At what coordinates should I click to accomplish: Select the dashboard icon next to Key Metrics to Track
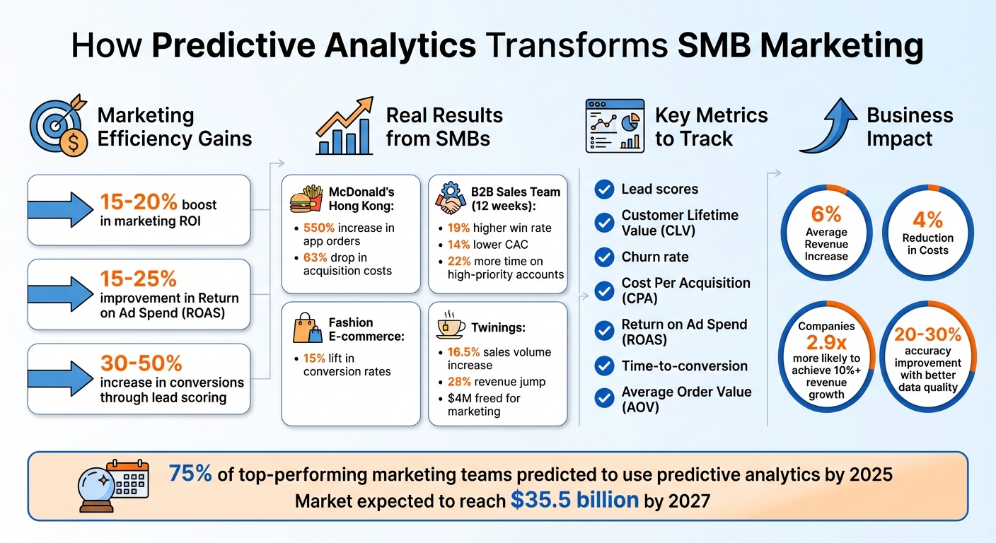pyautogui.click(x=615, y=126)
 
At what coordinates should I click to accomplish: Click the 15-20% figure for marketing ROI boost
pyautogui.click(x=139, y=203)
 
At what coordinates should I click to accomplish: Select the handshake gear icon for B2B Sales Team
pyautogui.click(x=451, y=198)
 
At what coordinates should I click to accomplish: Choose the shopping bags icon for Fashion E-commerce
pyautogui.click(x=307, y=329)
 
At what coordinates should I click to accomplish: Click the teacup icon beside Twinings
pyautogui.click(x=451, y=325)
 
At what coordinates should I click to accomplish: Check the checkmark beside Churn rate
pyautogui.click(x=604, y=257)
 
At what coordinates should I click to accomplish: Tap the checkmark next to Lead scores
pyautogui.click(x=604, y=189)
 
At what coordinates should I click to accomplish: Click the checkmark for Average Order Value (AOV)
pyautogui.click(x=604, y=399)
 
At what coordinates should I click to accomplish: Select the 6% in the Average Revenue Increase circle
pyautogui.click(x=826, y=214)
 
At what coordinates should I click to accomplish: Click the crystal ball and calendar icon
pyautogui.click(x=115, y=485)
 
